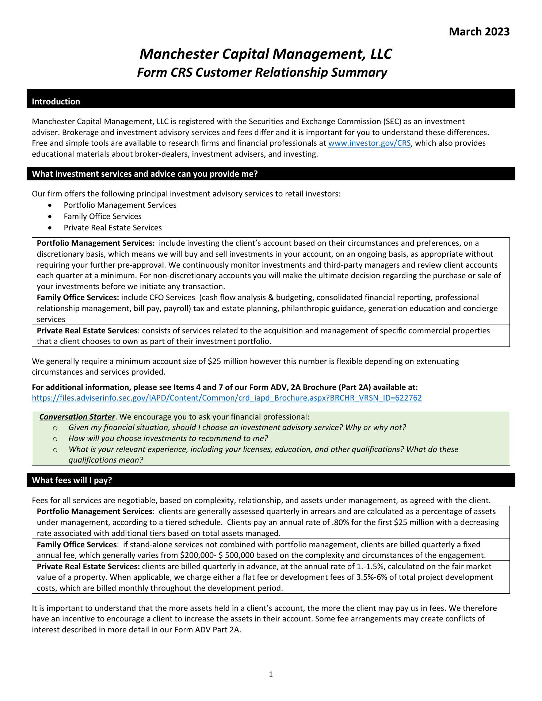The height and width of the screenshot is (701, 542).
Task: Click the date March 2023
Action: point(479,32)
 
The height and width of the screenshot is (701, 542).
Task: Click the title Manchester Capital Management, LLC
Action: point(266,54)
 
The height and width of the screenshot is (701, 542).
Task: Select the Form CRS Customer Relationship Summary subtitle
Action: point(262,73)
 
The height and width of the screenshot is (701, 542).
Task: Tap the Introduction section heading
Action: point(56,101)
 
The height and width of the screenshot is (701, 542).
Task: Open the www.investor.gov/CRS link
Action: point(370,143)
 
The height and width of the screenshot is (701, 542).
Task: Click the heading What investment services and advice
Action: point(145,174)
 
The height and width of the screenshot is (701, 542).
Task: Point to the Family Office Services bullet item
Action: point(102,217)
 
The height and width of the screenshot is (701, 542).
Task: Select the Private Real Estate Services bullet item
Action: point(112,228)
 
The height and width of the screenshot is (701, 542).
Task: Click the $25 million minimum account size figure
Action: point(222,361)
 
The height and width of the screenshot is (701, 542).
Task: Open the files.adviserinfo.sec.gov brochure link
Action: point(227,398)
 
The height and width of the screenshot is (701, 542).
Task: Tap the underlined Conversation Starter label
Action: point(77,417)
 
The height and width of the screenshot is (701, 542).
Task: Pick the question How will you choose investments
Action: point(168,438)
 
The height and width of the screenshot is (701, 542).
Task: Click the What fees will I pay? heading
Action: point(72,480)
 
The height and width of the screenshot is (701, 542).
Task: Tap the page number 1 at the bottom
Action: point(271,674)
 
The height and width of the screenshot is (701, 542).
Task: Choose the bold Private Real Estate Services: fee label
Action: point(88,567)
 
